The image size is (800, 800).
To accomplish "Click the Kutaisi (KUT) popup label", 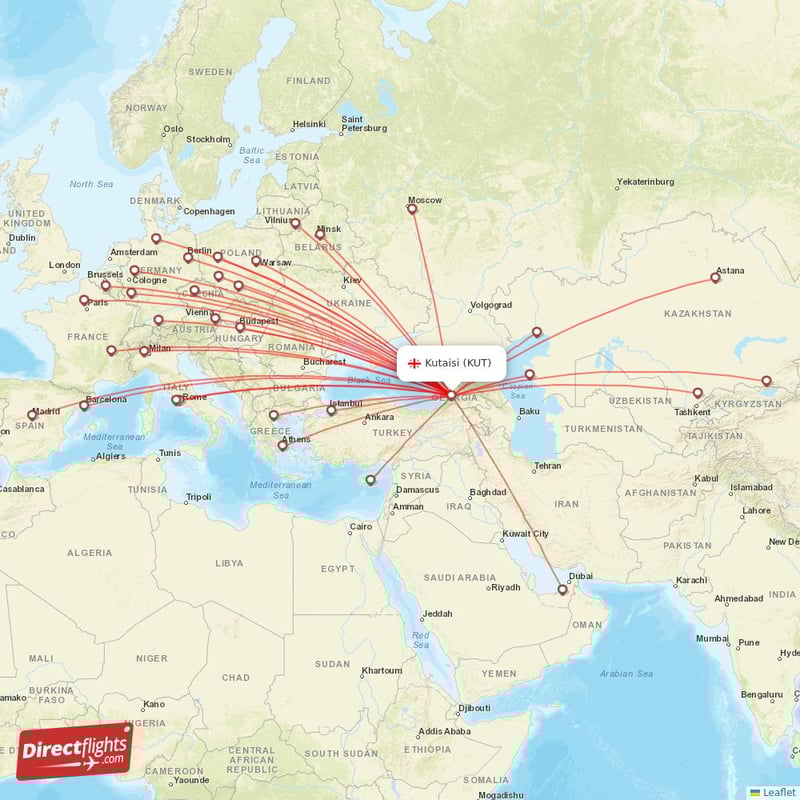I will (457, 362).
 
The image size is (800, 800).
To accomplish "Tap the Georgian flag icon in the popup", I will (413, 363).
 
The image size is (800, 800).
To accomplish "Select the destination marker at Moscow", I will (412, 208).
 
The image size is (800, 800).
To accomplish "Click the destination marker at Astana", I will (715, 277).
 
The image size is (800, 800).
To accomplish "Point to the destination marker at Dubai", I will (563, 590).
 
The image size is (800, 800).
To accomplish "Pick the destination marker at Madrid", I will (32, 414).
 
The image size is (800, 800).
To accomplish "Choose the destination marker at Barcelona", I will (84, 405).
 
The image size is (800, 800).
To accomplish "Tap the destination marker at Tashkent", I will (698, 393).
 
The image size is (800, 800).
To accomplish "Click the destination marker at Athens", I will (282, 445).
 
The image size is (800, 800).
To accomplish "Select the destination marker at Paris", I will (84, 298).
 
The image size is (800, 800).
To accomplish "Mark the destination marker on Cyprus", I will (370, 479).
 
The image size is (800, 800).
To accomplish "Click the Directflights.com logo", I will (75, 751).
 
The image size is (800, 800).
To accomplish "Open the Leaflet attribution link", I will (779, 792).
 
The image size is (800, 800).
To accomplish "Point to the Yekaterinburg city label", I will (645, 182).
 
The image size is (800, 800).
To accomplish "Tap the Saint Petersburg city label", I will (364, 123).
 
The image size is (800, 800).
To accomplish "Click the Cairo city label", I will (360, 526).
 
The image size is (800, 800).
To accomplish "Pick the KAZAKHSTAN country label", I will (697, 314).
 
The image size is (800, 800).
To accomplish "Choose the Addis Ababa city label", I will (444, 731).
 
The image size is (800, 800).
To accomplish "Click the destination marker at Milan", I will (144, 351).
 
